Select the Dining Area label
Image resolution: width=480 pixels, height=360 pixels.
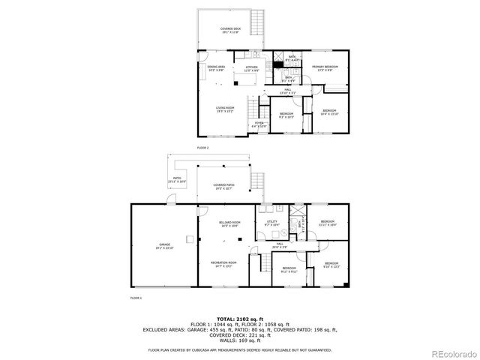pos(216,68)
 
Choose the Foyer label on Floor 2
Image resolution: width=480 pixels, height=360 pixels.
pos(259,125)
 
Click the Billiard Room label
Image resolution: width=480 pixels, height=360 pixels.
pos(230,223)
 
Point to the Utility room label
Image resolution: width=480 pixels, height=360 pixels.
pos(271,223)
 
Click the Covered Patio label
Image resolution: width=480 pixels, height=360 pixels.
pos(223,187)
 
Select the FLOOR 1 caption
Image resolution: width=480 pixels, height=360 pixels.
pos(136,298)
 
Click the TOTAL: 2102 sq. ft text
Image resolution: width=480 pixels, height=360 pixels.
pos(239,318)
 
